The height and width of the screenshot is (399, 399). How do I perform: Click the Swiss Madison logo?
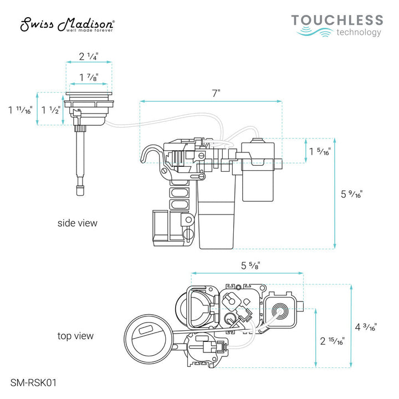(x=68, y=24)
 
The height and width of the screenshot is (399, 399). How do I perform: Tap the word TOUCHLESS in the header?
(x=337, y=21)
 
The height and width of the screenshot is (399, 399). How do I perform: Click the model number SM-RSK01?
(x=33, y=382)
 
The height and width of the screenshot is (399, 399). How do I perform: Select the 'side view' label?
(x=78, y=223)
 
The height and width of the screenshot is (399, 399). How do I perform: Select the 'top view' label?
(x=76, y=336)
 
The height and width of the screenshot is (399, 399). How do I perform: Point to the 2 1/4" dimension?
(x=89, y=56)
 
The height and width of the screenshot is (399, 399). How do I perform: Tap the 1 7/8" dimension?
(x=89, y=77)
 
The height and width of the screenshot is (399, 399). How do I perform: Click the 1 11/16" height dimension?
(x=20, y=110)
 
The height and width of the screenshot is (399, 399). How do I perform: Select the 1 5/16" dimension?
(x=321, y=151)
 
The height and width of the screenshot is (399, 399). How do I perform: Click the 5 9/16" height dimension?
(x=352, y=195)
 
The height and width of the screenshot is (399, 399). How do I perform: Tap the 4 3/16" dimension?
(x=366, y=327)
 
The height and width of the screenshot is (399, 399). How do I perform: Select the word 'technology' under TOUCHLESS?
(x=359, y=33)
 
